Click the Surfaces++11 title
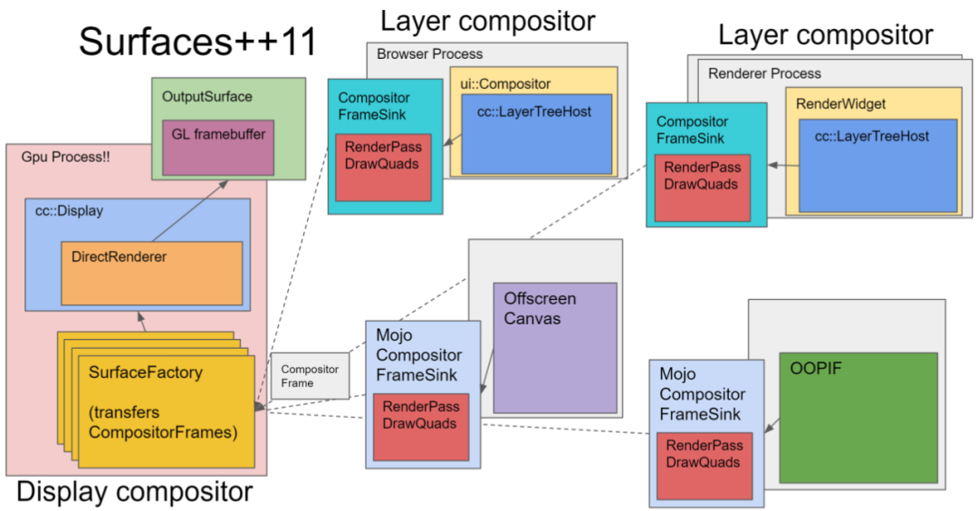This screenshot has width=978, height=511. [197, 41]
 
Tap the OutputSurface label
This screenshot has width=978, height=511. [206, 96]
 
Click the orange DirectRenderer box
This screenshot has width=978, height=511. [151, 273]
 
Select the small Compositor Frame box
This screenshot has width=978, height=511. [310, 376]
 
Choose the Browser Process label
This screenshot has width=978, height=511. [430, 53]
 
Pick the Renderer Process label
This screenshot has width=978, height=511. [764, 72]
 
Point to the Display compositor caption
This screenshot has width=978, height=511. [134, 492]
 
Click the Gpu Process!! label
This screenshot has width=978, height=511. [65, 157]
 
